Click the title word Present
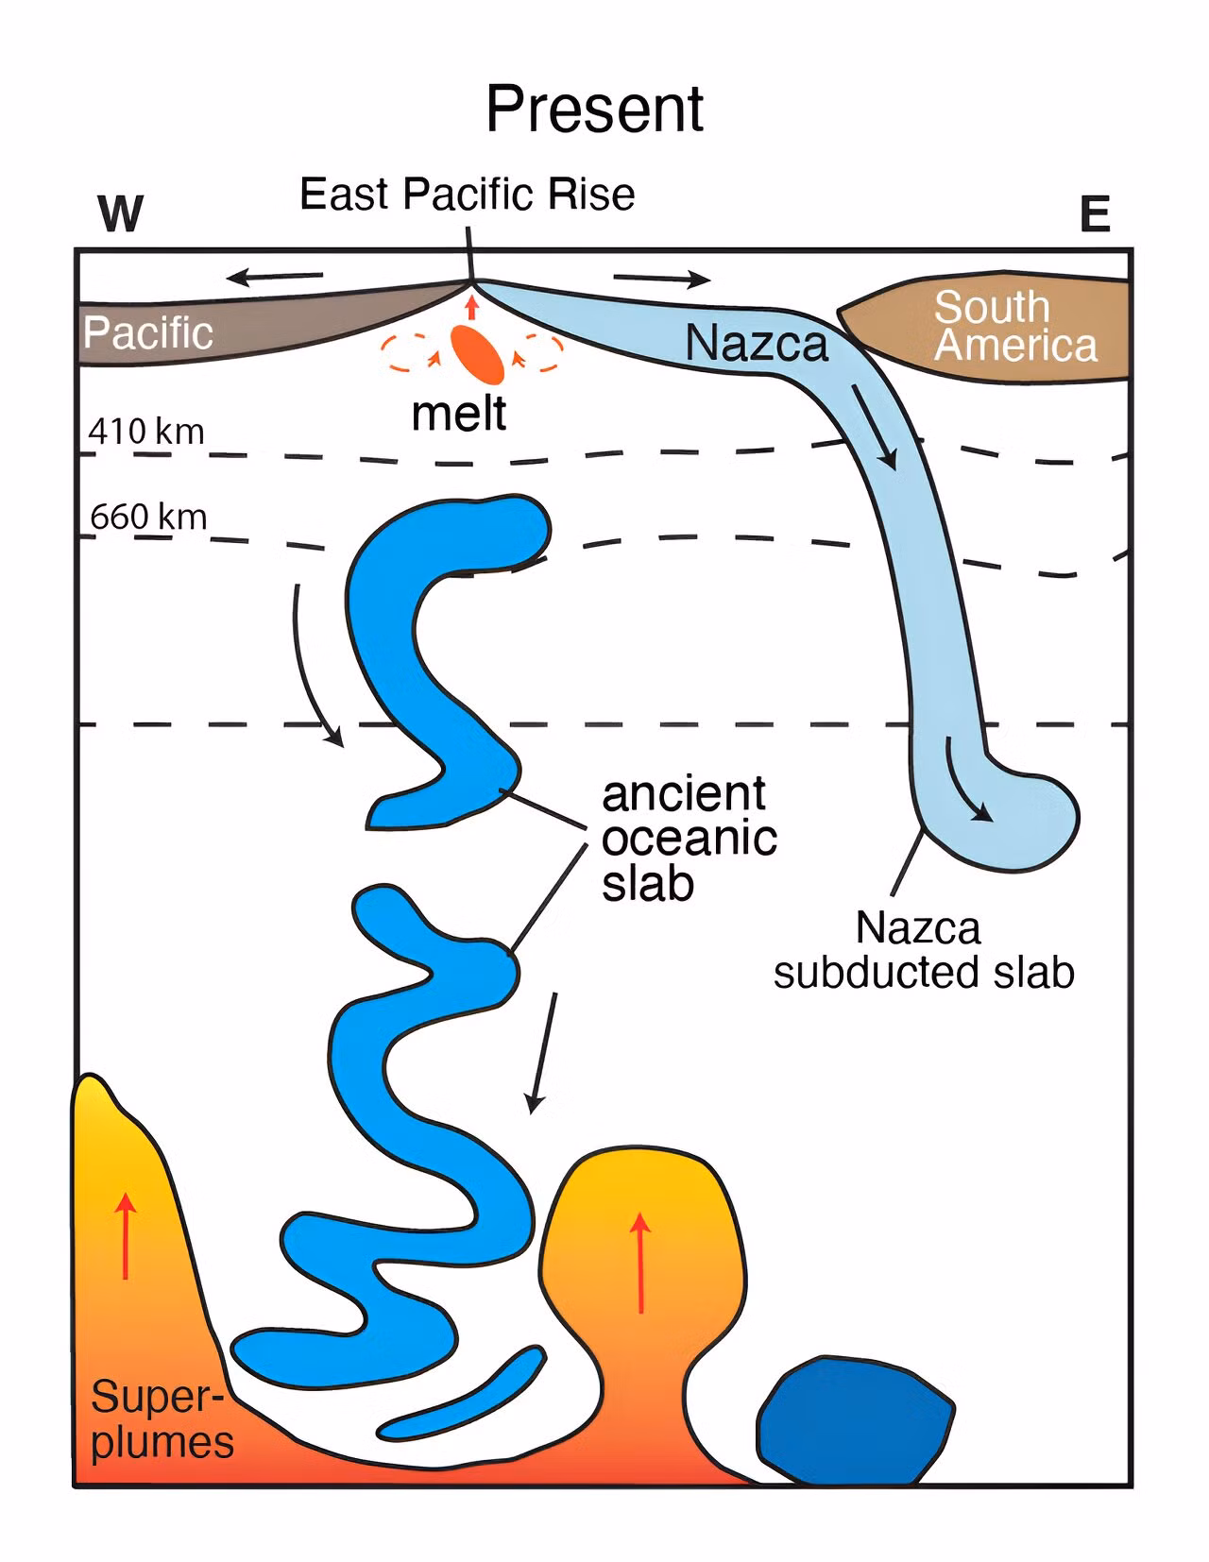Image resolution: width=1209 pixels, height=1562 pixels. [x=594, y=110]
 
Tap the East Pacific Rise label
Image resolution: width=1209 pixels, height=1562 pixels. [x=468, y=195]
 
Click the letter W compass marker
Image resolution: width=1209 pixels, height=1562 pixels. [x=120, y=213]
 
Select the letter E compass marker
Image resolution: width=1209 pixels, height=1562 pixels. [x=1095, y=213]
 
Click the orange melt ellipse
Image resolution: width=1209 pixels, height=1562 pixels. [x=477, y=354]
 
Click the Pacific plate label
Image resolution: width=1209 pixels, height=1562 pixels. [x=148, y=332]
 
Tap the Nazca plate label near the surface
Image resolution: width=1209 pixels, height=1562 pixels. [x=757, y=343]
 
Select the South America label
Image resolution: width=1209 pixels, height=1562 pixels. [x=1015, y=326]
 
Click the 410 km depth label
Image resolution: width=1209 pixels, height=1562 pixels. [x=146, y=432]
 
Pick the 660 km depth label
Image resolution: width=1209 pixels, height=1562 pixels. [x=148, y=517]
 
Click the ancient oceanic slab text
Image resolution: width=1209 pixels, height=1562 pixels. [x=689, y=838]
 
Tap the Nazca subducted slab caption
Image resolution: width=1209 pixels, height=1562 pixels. [x=923, y=949]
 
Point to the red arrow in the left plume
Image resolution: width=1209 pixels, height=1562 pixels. [x=126, y=1235]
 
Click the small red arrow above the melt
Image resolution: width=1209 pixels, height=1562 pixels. [x=471, y=307]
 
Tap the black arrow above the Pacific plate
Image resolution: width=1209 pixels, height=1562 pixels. [x=275, y=276]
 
